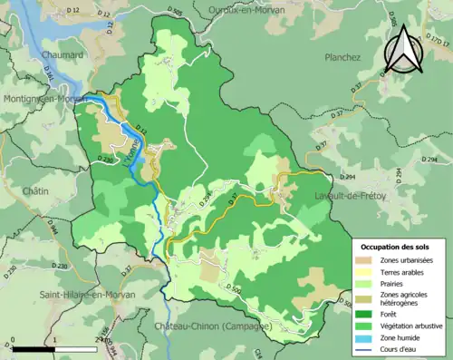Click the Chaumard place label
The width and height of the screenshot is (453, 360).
[x=64, y=55]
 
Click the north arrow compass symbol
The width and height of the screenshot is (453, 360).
[x=404, y=49]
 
